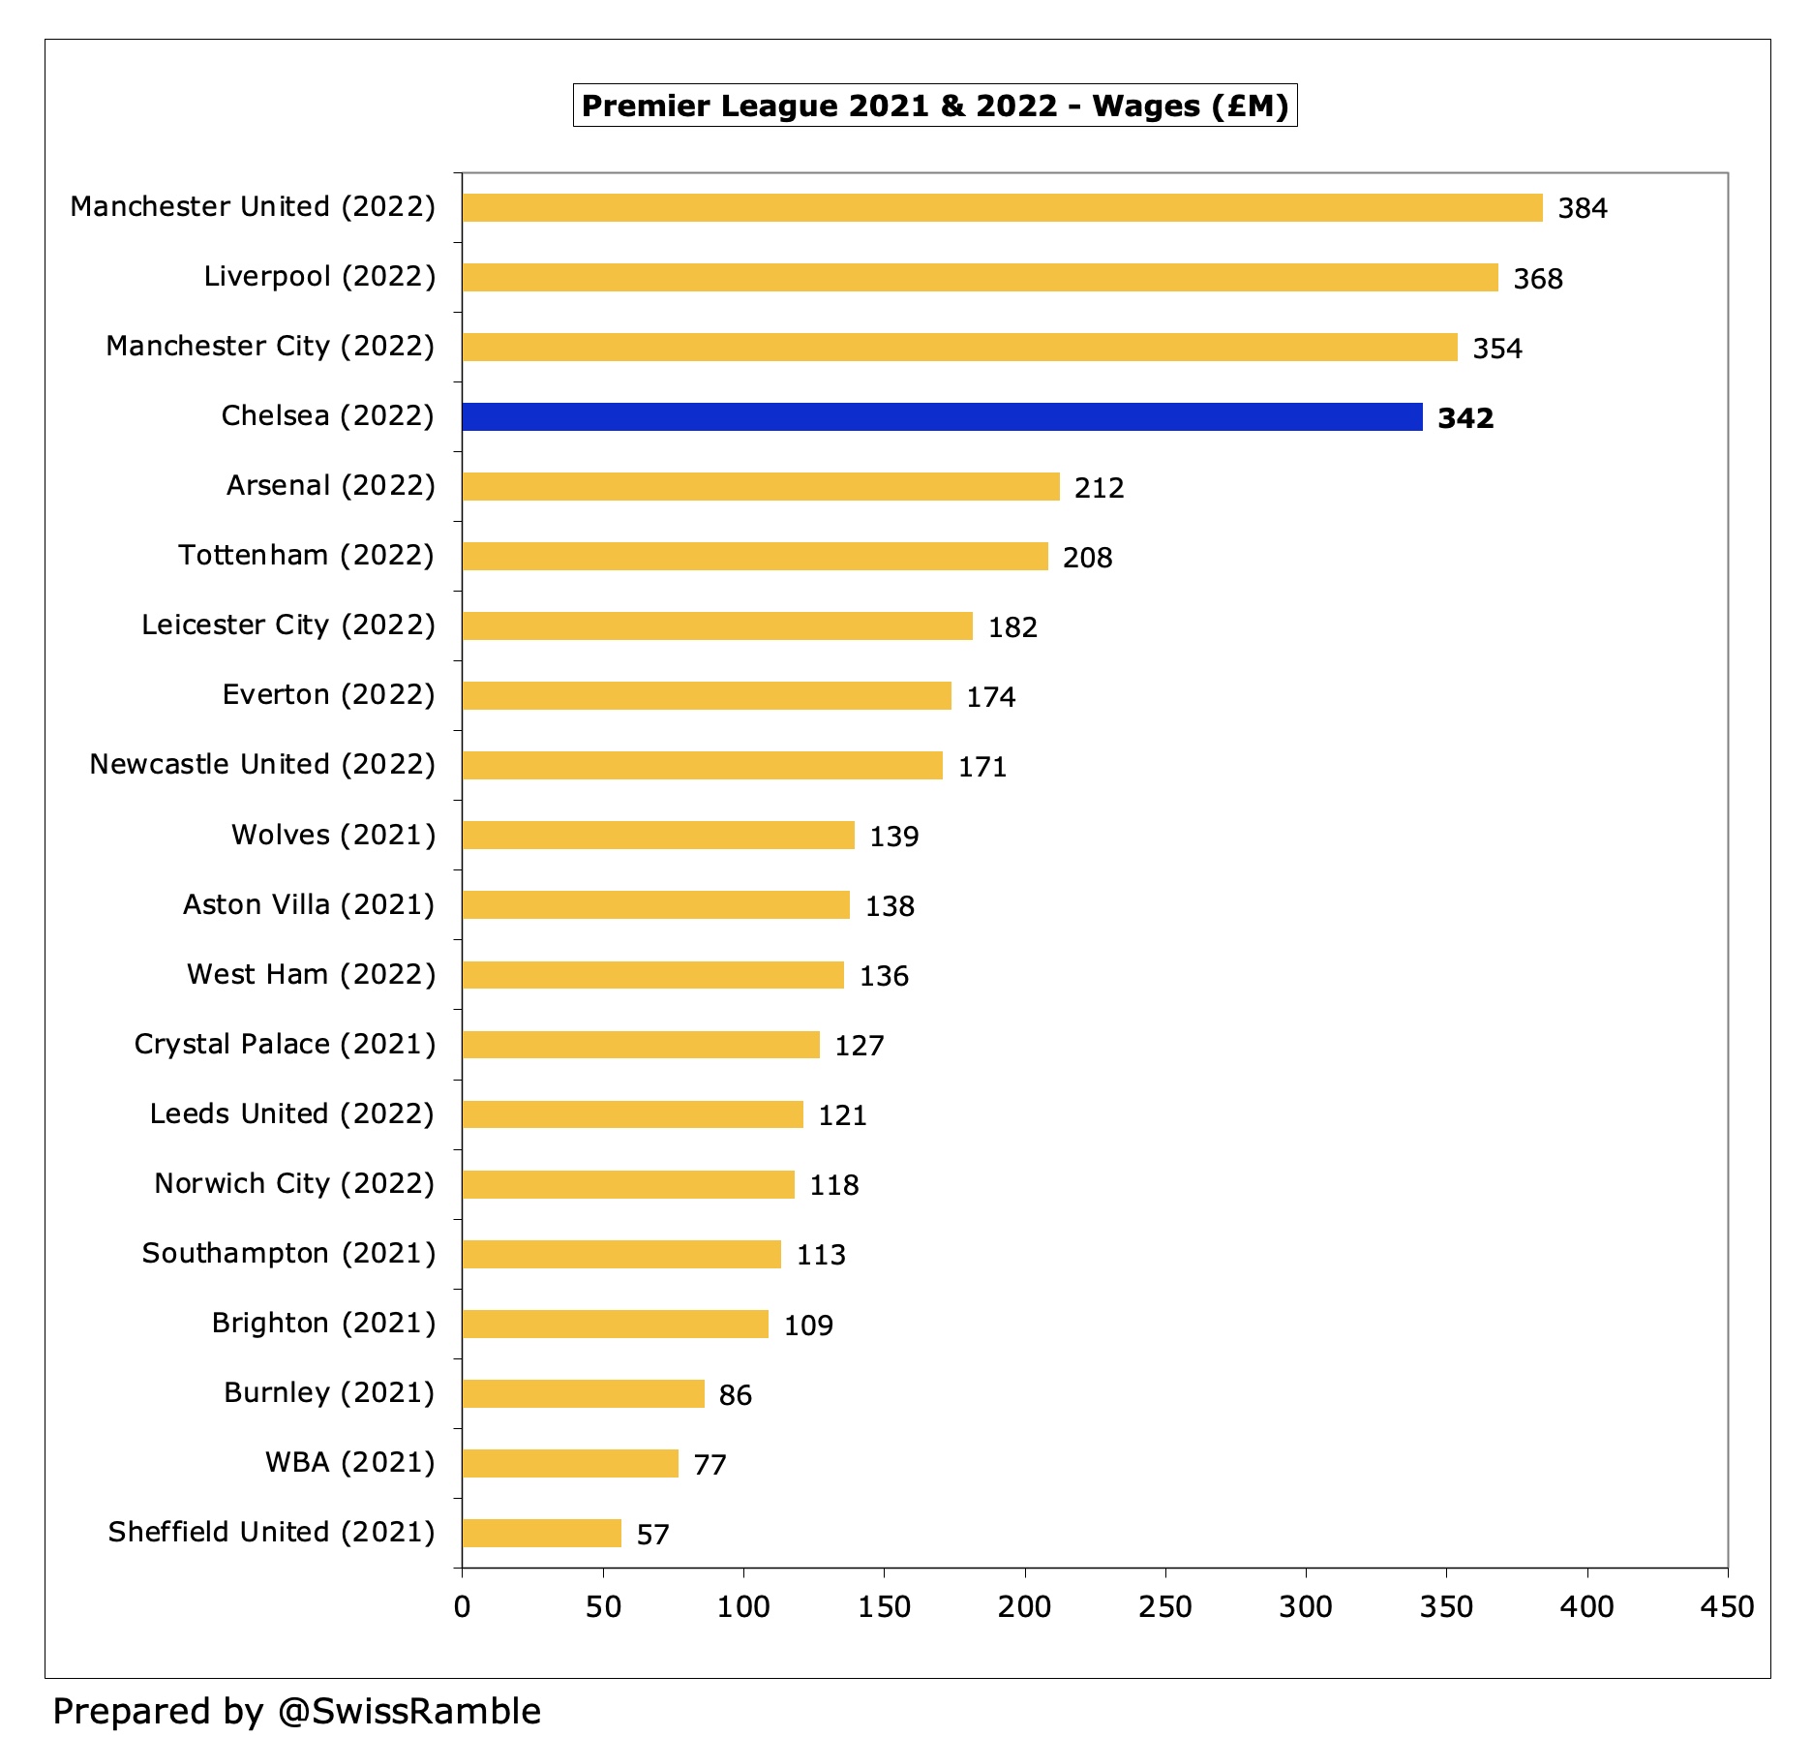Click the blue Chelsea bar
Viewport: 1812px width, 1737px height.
(942, 417)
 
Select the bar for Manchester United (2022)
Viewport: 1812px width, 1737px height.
(1002, 208)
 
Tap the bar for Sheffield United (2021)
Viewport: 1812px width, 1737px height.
(541, 1534)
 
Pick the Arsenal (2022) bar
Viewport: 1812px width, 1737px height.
(761, 487)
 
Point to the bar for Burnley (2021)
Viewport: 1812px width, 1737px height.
(583, 1394)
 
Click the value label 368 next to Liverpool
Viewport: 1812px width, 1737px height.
(1538, 279)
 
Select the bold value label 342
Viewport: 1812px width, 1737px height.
(1465, 418)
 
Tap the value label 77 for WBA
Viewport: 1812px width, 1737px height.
(710, 1465)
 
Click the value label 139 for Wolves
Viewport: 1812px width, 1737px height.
(893, 837)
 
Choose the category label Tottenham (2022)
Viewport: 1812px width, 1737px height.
(307, 556)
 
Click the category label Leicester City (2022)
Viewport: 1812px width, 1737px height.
(288, 625)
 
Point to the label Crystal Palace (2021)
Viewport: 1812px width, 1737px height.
(285, 1045)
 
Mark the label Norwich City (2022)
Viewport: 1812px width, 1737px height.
(294, 1184)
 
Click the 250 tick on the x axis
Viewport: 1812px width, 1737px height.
(1164, 1607)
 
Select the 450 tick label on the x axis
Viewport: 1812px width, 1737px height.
(1727, 1607)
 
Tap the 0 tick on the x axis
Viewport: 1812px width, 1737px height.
(463, 1607)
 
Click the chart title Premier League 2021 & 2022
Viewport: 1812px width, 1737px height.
(934, 106)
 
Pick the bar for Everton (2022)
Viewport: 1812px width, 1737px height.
(707, 696)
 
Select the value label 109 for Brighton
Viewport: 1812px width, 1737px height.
(808, 1326)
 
